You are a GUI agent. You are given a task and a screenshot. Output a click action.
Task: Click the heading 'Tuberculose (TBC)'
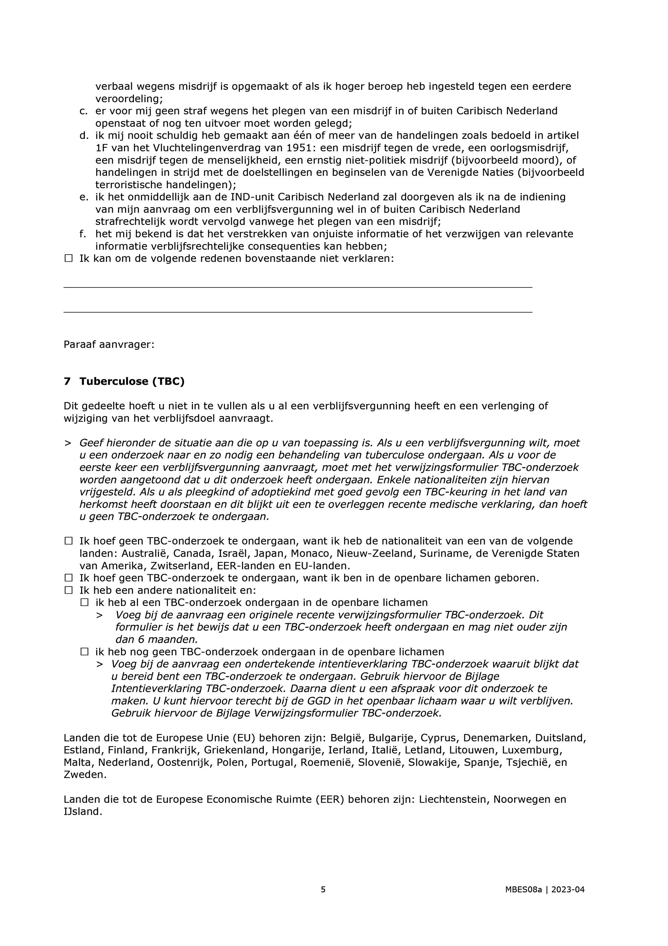tap(132, 382)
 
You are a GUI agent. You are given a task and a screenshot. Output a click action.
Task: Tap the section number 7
tap(67, 382)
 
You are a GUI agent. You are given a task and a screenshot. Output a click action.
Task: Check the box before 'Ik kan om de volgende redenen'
tap(68, 258)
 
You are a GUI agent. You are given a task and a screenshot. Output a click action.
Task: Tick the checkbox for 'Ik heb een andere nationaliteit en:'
tap(68, 590)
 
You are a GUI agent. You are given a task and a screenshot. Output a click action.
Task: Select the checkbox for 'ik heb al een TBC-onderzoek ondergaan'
tap(84, 602)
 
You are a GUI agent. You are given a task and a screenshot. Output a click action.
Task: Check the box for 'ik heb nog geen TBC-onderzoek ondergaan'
tap(84, 652)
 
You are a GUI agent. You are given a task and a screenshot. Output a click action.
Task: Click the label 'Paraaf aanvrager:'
tap(109, 344)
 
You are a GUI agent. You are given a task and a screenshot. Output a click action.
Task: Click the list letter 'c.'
tap(84, 111)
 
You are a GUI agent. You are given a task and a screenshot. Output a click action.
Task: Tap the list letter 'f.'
tap(83, 234)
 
